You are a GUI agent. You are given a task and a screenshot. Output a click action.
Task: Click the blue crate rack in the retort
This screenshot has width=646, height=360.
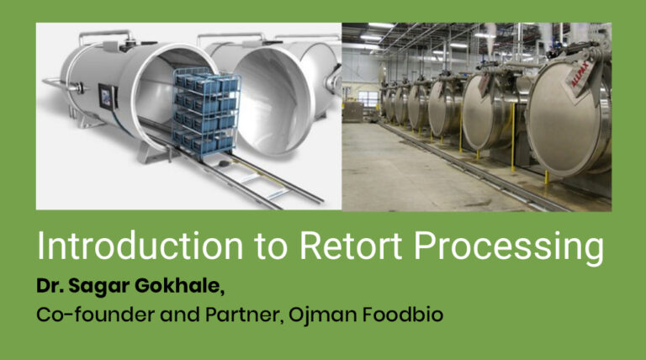(206, 109)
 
